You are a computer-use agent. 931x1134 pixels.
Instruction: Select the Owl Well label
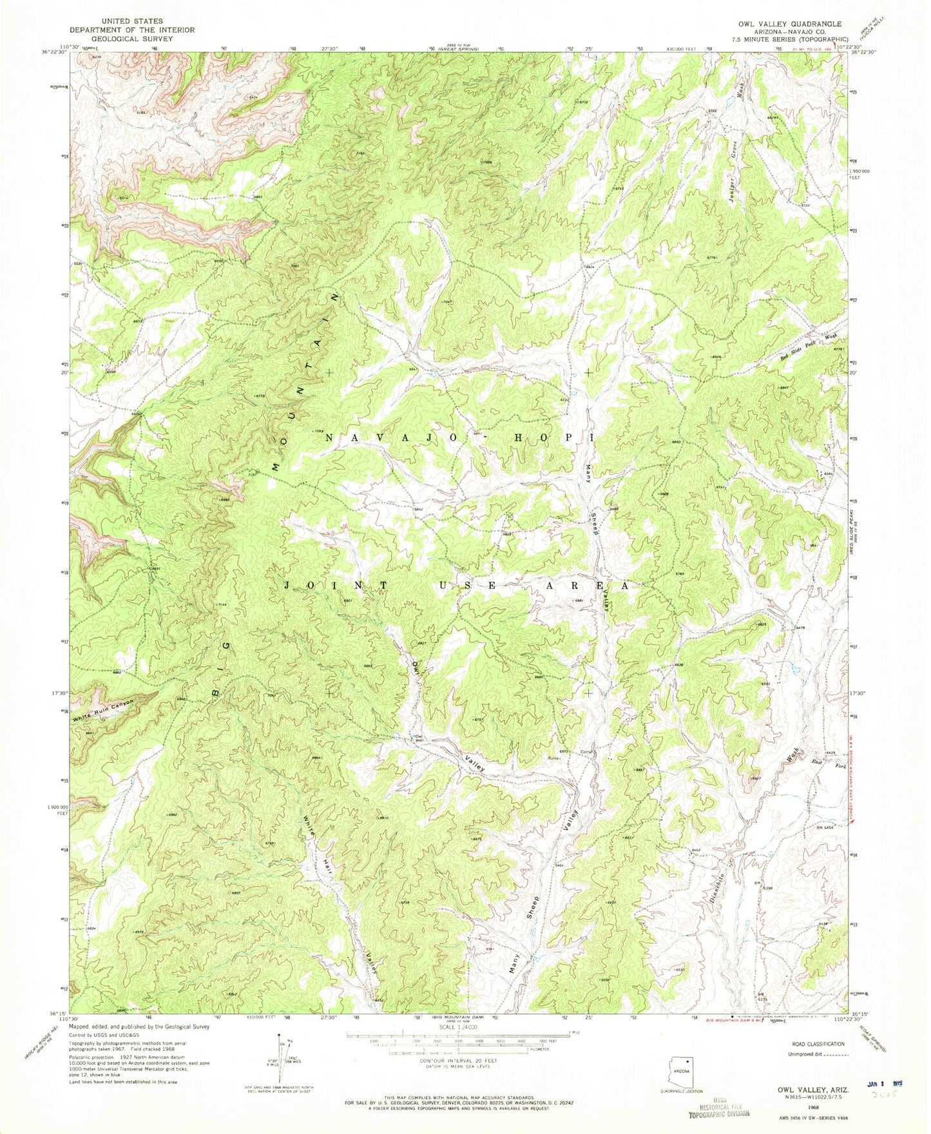point(419,738)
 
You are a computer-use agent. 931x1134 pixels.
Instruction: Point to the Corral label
point(586,751)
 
